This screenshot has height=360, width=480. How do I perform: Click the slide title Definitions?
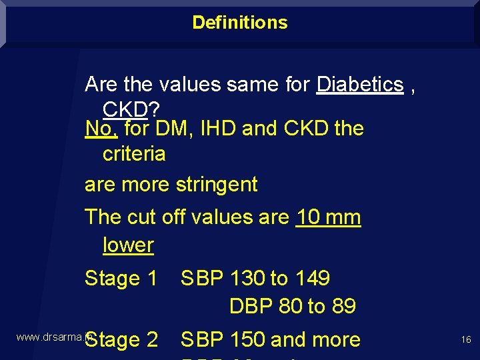[x=240, y=23]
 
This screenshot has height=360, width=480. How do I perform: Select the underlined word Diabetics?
[x=360, y=85]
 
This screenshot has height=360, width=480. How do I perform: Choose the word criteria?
[x=133, y=154]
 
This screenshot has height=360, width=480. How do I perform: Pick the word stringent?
[x=216, y=185]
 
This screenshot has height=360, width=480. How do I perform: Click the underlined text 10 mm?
[x=327, y=217]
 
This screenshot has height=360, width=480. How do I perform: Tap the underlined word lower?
[x=128, y=245]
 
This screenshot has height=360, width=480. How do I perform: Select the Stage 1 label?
[x=121, y=278]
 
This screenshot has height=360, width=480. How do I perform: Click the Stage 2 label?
[x=121, y=340]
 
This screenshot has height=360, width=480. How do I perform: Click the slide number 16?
[x=466, y=340]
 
